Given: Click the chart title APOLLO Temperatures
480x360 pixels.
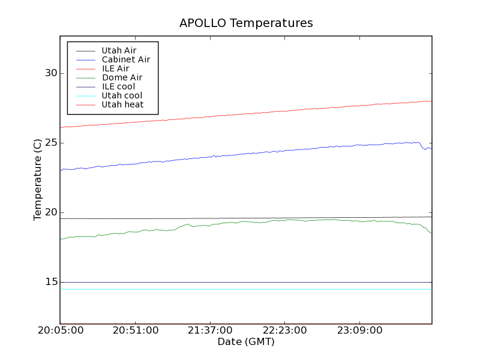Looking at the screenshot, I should tap(246, 23).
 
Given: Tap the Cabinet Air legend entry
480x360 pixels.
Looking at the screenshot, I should tap(125, 59).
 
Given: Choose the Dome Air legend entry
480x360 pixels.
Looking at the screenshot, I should tap(122, 77).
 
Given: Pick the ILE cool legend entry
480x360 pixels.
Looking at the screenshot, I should tap(118, 86).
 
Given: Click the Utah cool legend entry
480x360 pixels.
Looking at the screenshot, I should tap(122, 95).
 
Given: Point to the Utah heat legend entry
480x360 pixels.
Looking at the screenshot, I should tap(122, 104).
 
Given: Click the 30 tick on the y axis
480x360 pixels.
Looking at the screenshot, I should tap(50, 73).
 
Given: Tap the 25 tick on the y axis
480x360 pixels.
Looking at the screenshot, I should tap(50, 143).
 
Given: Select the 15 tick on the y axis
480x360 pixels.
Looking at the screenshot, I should tap(50, 282).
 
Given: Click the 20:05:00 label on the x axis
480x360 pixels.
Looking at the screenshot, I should tap(60, 331).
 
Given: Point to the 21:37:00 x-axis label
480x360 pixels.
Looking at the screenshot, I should tap(209, 331).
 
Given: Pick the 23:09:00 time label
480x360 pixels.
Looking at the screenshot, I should tap(358, 331).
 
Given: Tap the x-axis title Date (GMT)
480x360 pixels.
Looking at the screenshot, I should tap(246, 342).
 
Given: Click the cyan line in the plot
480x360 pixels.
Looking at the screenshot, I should tap(240, 289).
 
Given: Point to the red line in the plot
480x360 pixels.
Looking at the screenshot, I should tap(240, 114).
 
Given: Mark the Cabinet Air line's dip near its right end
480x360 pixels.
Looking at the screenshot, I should tap(425, 149).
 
